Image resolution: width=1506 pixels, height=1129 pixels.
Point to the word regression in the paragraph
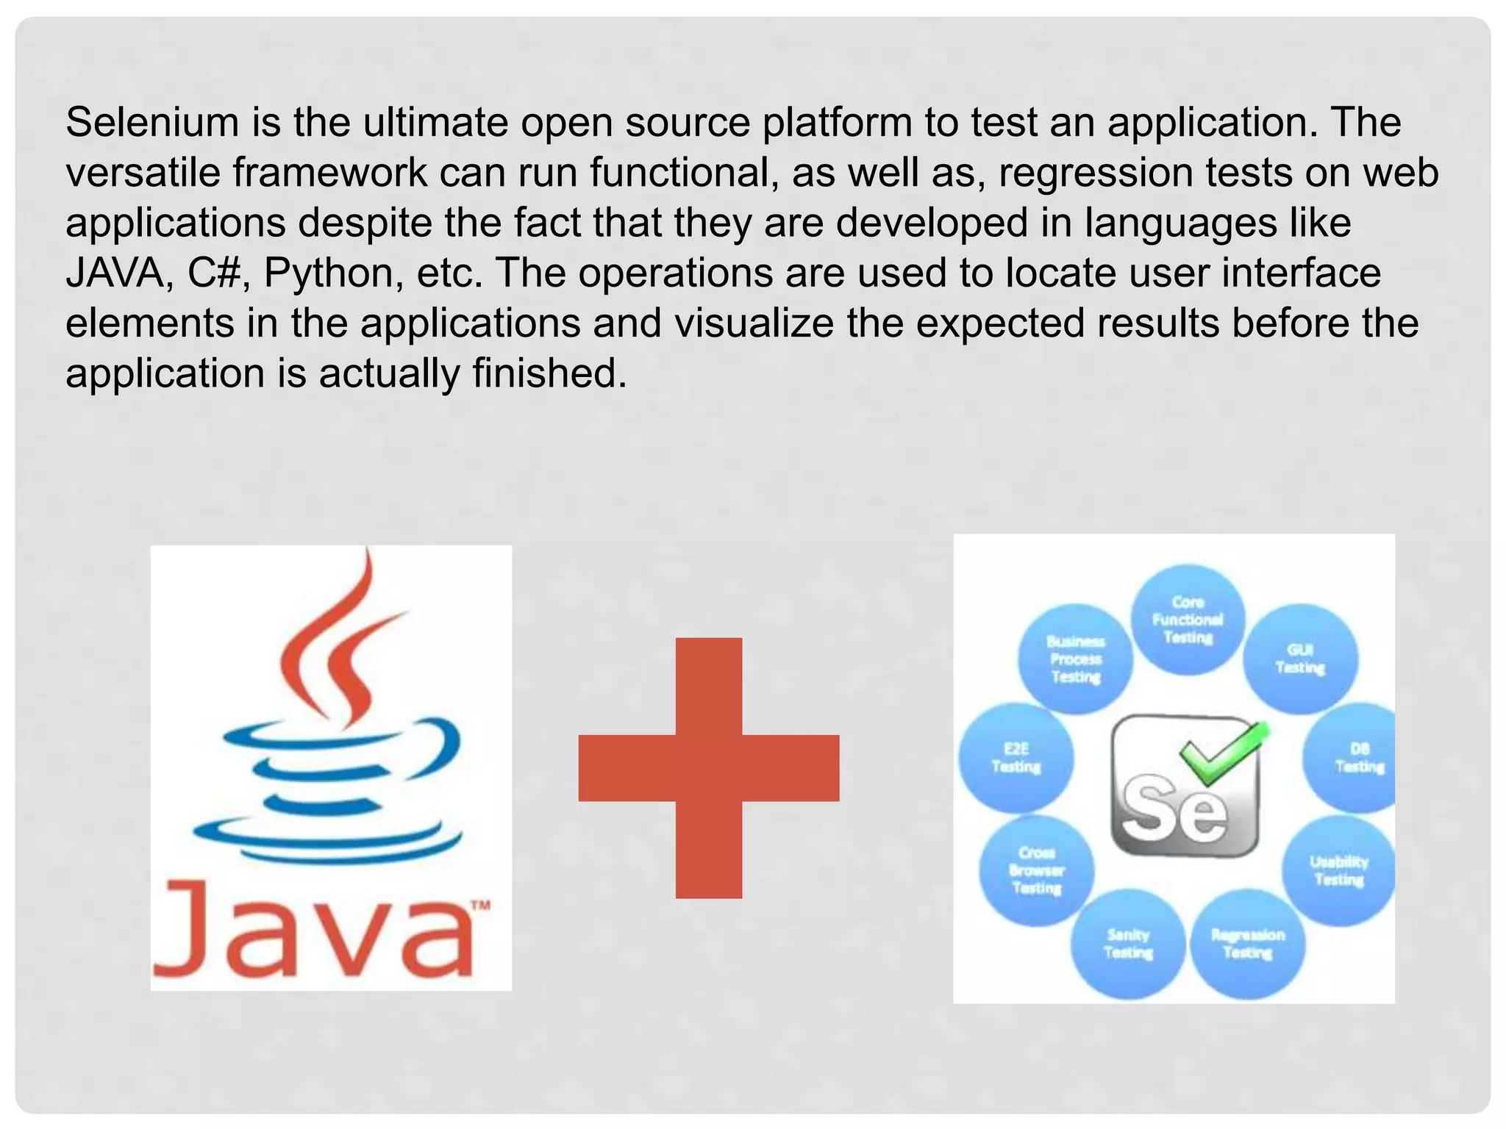click(x=1096, y=173)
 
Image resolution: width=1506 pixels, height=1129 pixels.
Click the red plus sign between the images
click(x=709, y=767)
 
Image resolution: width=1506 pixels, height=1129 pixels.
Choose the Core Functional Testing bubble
click(x=1188, y=620)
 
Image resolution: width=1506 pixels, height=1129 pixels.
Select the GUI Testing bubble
click(x=1300, y=659)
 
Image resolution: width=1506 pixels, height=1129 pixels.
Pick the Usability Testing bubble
click(x=1338, y=870)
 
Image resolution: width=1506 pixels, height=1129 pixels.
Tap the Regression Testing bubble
click(x=1247, y=944)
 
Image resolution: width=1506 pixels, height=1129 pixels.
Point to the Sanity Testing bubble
click(x=1128, y=944)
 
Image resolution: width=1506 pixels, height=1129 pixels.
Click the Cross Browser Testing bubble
click(x=1037, y=870)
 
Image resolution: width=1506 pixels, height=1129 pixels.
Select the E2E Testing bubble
click(x=1016, y=758)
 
